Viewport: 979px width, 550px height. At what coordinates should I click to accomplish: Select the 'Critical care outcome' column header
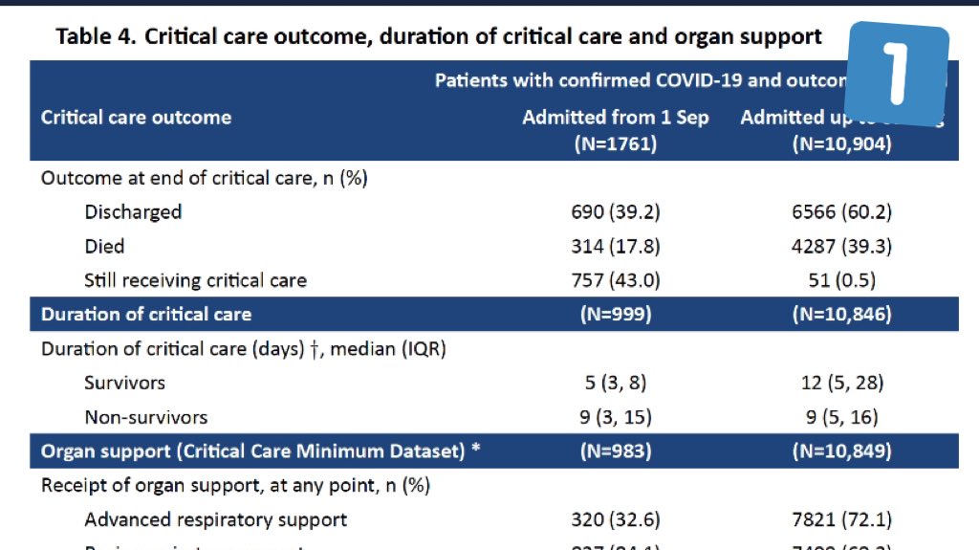(136, 118)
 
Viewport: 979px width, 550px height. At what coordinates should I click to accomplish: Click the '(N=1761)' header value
(615, 144)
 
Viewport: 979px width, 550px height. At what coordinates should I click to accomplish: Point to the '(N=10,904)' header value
(841, 144)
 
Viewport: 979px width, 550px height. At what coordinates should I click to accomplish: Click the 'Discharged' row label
(133, 211)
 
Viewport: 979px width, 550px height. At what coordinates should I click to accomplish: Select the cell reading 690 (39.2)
(615, 211)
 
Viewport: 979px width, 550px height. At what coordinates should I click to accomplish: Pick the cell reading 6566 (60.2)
(841, 211)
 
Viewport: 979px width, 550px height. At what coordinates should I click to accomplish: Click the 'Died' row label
(104, 246)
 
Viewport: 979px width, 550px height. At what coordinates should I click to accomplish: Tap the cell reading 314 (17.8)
(615, 246)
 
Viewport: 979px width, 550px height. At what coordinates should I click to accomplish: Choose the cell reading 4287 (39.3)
(841, 246)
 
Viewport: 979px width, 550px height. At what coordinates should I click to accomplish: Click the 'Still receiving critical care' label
(195, 280)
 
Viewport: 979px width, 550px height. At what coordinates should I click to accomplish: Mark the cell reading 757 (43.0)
(615, 280)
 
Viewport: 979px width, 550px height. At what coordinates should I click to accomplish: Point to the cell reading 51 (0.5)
(841, 280)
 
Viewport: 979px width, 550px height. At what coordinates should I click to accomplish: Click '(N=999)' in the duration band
(615, 314)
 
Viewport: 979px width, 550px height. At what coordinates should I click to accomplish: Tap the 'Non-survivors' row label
(145, 417)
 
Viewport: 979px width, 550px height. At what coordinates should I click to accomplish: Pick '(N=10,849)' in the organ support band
(841, 451)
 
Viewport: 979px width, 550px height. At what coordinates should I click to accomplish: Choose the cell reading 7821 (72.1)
(841, 519)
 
